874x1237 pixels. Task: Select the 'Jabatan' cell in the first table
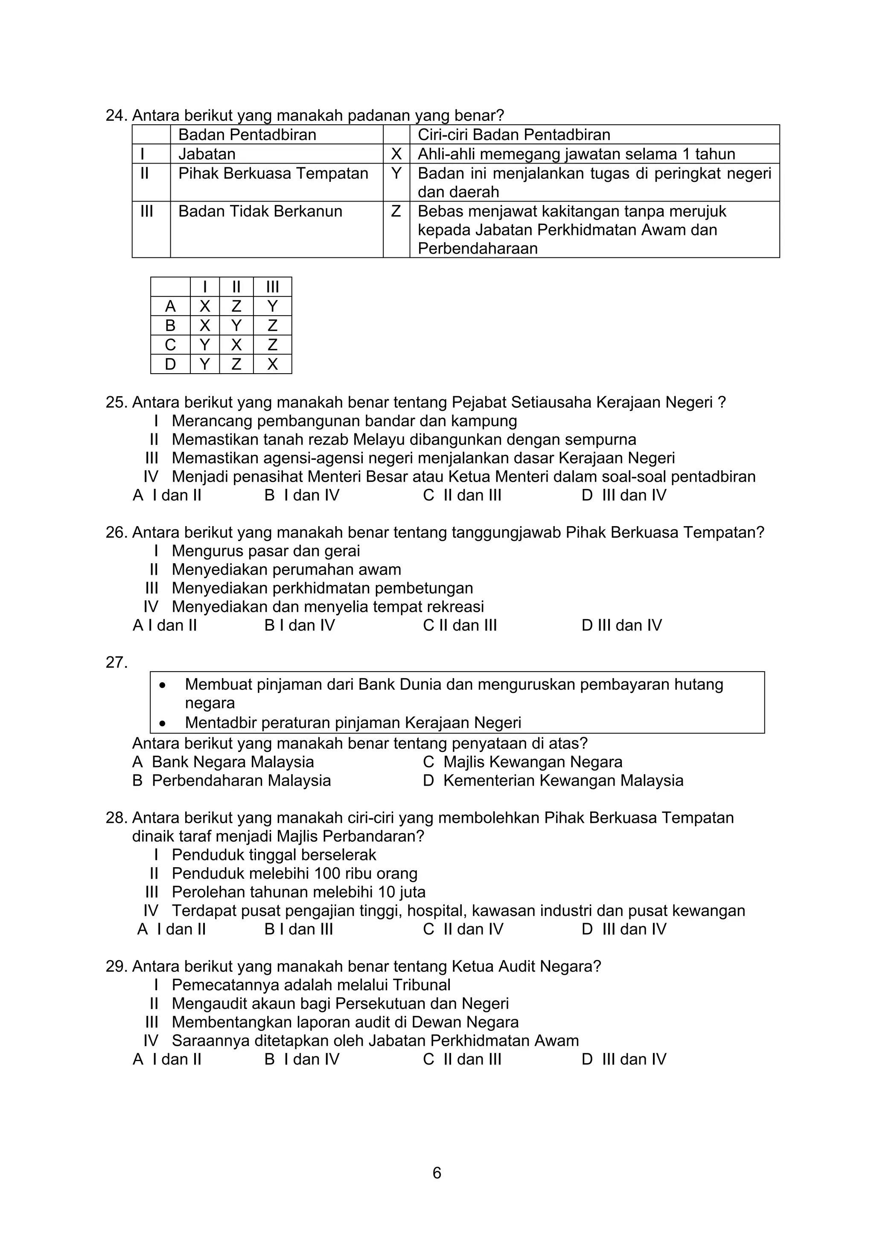pos(207,154)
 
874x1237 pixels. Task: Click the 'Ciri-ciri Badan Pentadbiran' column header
pos(514,135)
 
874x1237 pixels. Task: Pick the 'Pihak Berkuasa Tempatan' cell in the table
pos(273,173)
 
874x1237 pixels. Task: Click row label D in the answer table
pos(170,364)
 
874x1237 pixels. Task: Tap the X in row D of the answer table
pos(273,364)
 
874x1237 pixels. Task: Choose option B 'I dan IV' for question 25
pos(302,495)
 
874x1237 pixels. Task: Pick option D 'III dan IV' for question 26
pos(621,625)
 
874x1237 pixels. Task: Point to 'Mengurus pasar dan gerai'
pos(265,551)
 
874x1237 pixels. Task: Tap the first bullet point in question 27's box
pos(162,685)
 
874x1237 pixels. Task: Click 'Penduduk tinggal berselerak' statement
pos(274,854)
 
